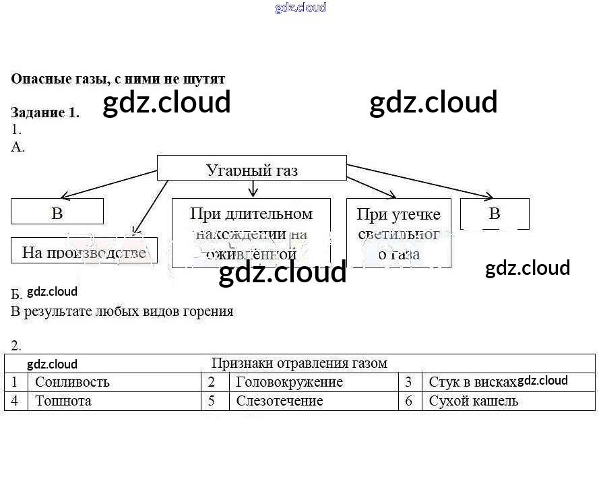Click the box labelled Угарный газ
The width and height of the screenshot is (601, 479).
pyautogui.click(x=251, y=168)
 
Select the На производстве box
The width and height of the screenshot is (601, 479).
pyautogui.click(x=84, y=252)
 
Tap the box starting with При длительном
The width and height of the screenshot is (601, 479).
pyautogui.click(x=251, y=233)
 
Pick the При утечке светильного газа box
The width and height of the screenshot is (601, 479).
pyautogui.click(x=399, y=233)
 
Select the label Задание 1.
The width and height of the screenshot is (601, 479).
pyautogui.click(x=45, y=113)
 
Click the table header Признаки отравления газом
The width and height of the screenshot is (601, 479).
pyautogui.click(x=299, y=363)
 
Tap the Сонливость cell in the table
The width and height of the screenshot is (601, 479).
pyautogui.click(x=72, y=382)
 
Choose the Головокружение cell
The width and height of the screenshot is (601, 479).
pyautogui.click(x=290, y=382)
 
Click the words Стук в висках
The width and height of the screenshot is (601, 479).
pyautogui.click(x=472, y=382)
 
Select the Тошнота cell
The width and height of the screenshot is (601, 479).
pyautogui.click(x=63, y=401)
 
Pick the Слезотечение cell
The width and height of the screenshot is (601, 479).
pyautogui.click(x=280, y=401)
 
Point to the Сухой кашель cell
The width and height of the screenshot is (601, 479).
pyautogui.click(x=474, y=401)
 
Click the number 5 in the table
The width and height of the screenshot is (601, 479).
pyautogui.click(x=211, y=401)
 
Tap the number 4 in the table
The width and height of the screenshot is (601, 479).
pyautogui.click(x=15, y=401)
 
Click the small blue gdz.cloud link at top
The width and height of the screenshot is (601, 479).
pyautogui.click(x=300, y=7)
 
